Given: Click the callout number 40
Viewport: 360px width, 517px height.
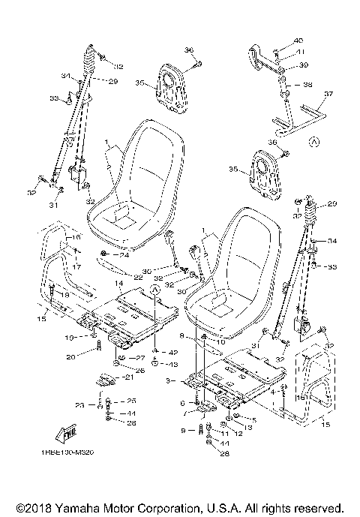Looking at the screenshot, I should [298, 40].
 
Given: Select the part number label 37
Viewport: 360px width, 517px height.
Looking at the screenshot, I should [328, 95].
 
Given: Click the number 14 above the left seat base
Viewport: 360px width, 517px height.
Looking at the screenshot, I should [118, 284].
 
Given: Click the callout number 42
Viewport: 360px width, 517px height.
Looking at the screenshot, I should [173, 352].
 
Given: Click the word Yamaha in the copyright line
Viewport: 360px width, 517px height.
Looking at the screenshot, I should [70, 508].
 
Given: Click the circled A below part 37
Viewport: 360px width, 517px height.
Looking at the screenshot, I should [313, 140].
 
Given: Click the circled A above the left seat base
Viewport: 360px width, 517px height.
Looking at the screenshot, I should [155, 288].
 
